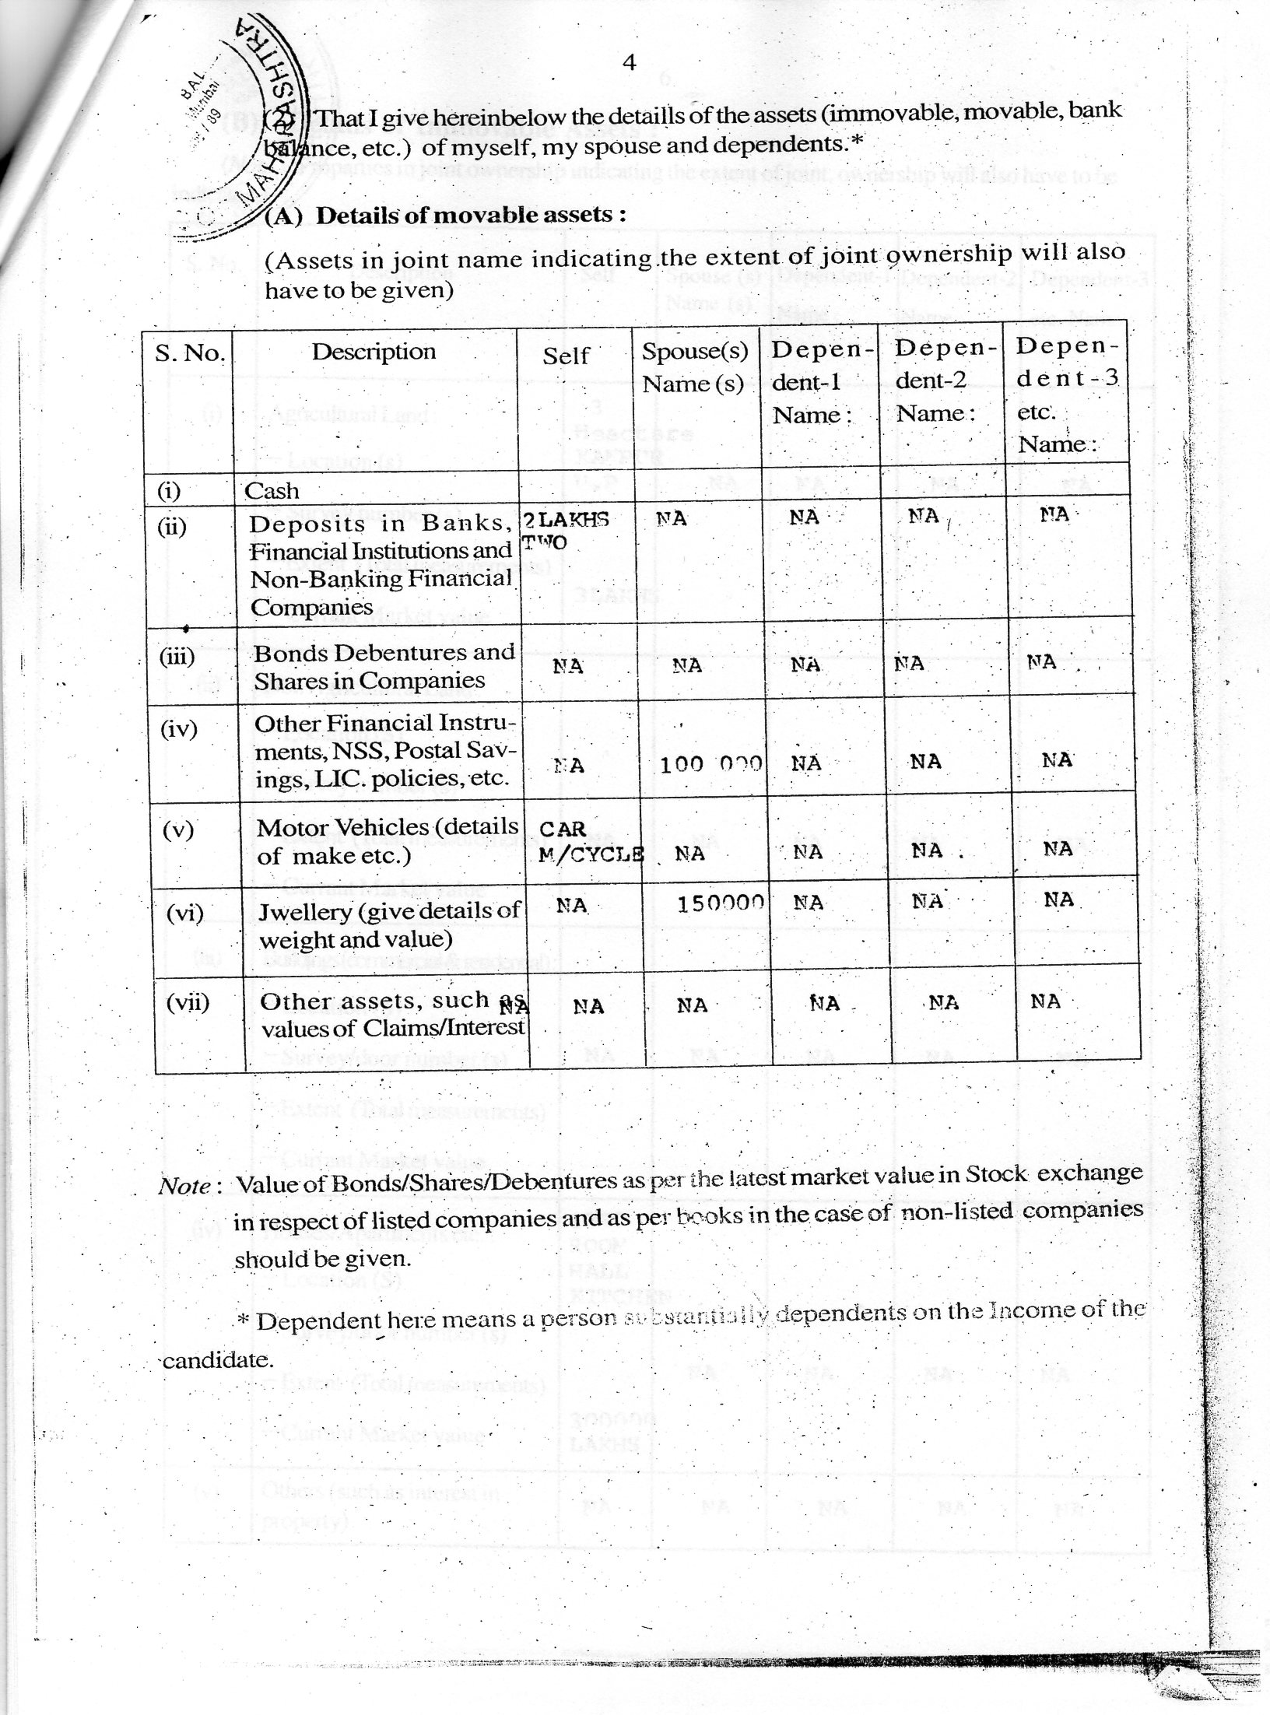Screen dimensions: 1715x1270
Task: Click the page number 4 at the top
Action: pos(630,63)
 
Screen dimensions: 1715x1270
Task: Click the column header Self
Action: pos(566,356)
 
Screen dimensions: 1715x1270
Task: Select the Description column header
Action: pos(374,352)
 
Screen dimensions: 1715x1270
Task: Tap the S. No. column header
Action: pos(190,354)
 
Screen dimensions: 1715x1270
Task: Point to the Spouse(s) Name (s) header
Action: pos(694,367)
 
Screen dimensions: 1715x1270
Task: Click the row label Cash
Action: pos(272,491)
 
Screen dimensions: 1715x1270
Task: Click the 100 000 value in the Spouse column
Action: pos(710,765)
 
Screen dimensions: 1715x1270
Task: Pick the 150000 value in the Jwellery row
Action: pos(719,903)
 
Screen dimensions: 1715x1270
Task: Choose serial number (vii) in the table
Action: pos(188,1002)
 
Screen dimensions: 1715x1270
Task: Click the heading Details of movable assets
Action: pos(445,216)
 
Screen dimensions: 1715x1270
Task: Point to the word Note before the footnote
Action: pos(184,1186)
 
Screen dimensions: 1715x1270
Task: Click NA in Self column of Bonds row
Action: pos(567,666)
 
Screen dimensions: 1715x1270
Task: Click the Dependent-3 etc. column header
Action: pos(1068,395)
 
